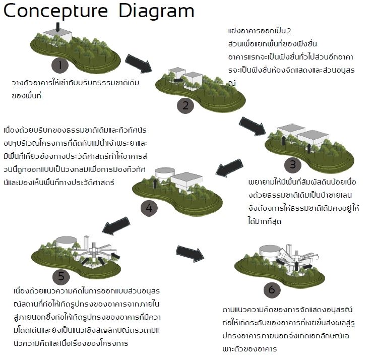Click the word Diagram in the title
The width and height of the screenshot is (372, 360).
pyautogui.click(x=156, y=12)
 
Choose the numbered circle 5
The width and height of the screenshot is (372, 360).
pyautogui.click(x=61, y=276)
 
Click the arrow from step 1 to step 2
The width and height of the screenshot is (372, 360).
pyautogui.click(x=138, y=63)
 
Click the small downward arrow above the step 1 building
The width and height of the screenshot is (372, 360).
pyautogui.click(x=57, y=26)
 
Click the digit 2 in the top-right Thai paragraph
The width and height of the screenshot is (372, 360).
pyautogui.click(x=295, y=31)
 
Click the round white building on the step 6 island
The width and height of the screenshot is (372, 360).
pyautogui.click(x=269, y=251)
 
